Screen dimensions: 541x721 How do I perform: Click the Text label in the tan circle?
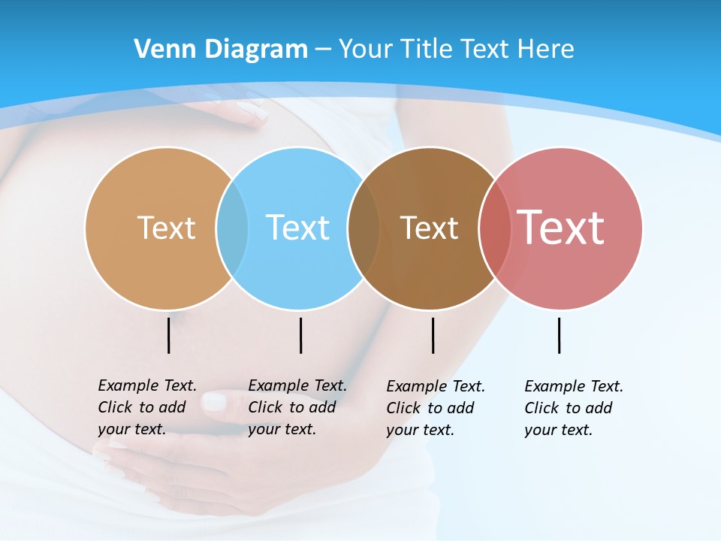pos(166,228)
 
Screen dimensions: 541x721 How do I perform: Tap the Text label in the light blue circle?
pos(297,228)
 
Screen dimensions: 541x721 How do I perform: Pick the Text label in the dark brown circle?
pos(429,228)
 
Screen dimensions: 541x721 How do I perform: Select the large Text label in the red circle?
pos(560,227)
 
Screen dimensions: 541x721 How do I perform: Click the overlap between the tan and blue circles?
pos(232,228)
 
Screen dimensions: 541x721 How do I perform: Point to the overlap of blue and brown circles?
pos(364,228)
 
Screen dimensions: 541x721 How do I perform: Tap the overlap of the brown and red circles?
pos(495,228)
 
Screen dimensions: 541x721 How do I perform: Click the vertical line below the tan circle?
pos(168,335)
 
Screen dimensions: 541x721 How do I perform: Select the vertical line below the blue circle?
pos(300,335)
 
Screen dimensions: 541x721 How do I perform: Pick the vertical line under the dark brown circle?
pos(433,335)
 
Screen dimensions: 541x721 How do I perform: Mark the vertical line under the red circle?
pos(559,335)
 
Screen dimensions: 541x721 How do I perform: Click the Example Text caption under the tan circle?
pos(146,407)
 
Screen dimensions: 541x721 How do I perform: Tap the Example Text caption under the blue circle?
pos(297,407)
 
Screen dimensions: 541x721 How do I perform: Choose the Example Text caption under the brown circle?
pos(435,408)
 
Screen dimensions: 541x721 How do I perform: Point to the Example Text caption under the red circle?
pos(573,408)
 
